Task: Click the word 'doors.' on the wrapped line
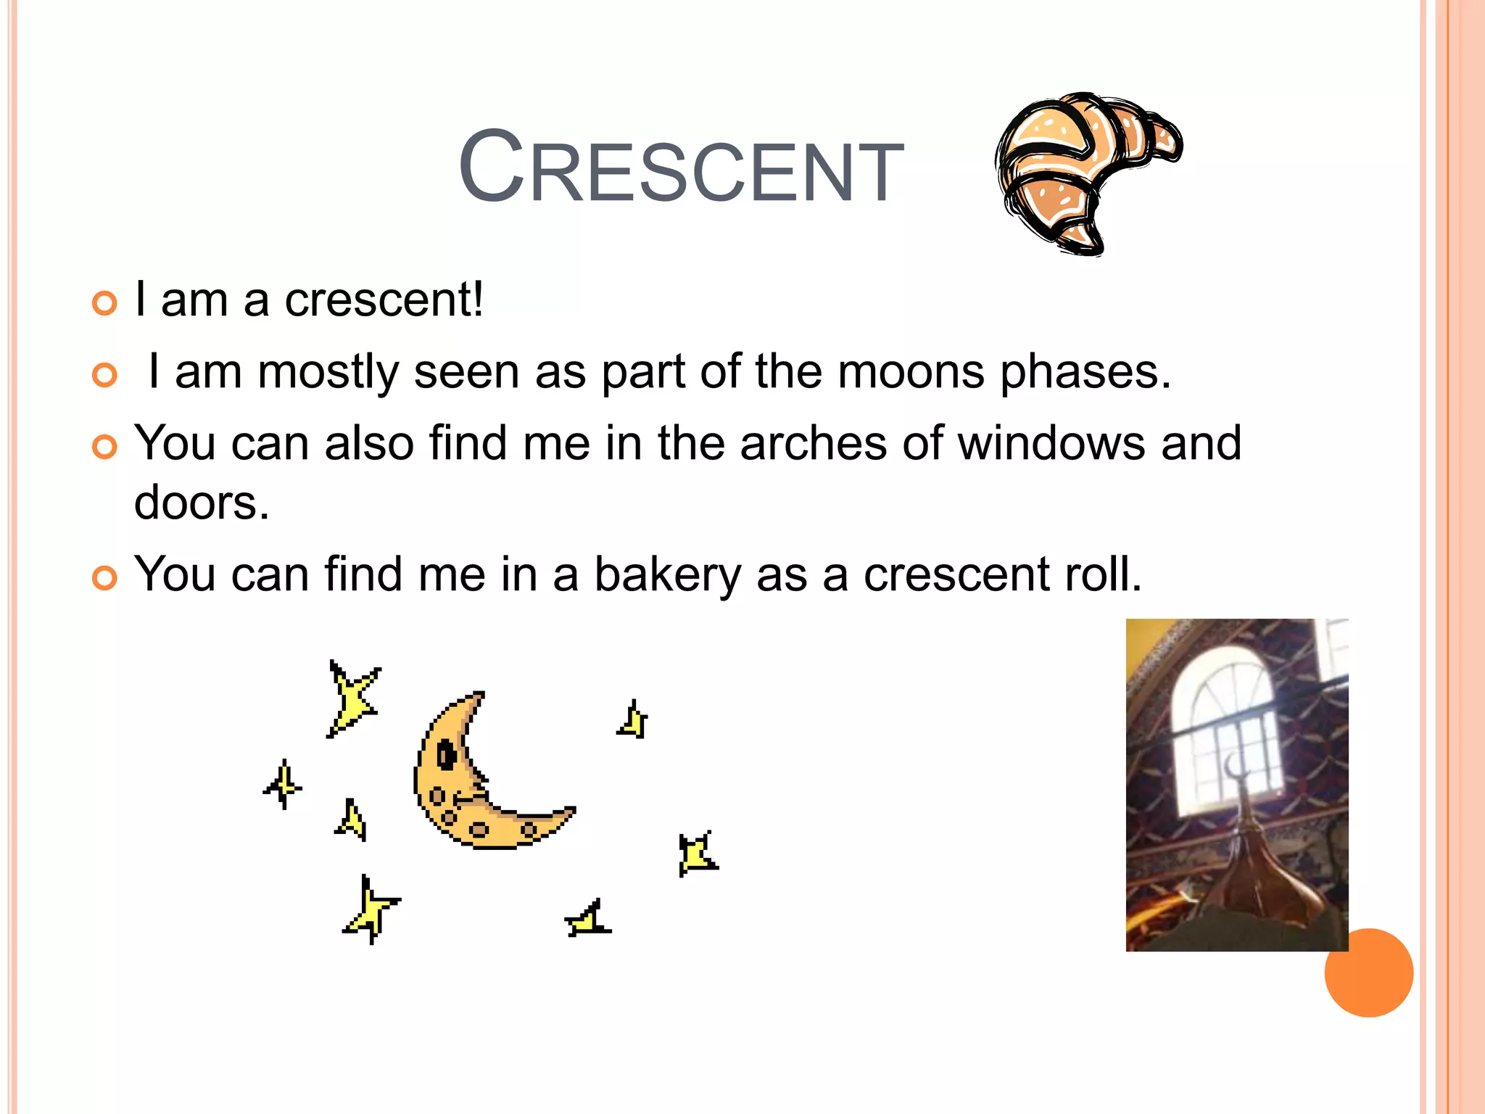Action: coord(202,503)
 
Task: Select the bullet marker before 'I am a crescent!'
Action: coord(104,303)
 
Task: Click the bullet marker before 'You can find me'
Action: coord(104,578)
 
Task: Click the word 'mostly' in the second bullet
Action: coord(328,372)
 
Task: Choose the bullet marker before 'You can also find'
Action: coord(104,447)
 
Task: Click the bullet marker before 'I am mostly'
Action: coord(104,375)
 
